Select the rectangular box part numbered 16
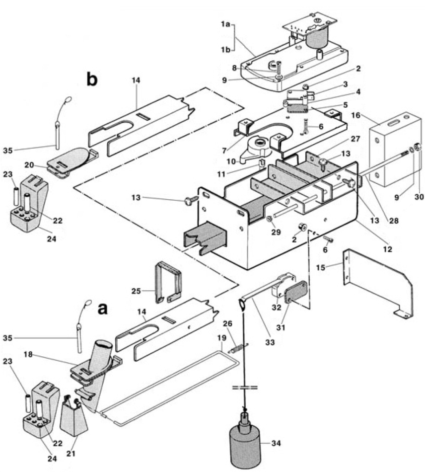(392, 149)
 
